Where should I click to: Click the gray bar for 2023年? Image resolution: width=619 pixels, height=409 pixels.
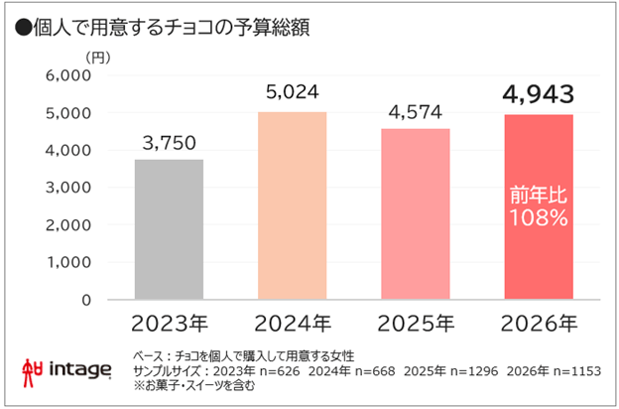[x=169, y=229]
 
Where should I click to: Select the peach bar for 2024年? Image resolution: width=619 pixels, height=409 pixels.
[x=293, y=205]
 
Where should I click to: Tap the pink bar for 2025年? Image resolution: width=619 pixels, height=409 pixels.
[x=416, y=213]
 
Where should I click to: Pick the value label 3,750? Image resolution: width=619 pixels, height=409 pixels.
[x=169, y=141]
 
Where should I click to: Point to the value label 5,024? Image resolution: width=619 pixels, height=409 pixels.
[x=293, y=93]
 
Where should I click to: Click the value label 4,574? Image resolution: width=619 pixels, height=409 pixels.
[x=416, y=110]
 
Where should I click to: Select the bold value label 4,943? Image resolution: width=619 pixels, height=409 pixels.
[x=539, y=95]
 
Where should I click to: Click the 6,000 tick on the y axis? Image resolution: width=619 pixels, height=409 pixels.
[x=68, y=75]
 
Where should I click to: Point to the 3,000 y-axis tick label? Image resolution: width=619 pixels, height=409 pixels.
[x=68, y=188]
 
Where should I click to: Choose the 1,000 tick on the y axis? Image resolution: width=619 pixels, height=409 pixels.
[x=68, y=262]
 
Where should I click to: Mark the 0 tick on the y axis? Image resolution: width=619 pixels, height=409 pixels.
[x=86, y=299]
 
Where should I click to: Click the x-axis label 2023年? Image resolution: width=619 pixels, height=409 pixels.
[x=169, y=324]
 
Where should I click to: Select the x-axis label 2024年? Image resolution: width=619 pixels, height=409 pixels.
[x=293, y=324]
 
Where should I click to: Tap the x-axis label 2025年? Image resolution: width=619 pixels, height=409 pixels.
[x=416, y=324]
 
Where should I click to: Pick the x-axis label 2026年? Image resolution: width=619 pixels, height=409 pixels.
[x=539, y=324]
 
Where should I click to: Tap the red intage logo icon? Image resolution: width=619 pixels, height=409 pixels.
[x=32, y=369]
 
